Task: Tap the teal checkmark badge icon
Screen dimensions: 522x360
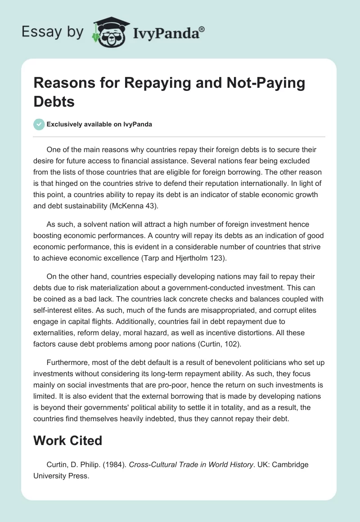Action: (39, 124)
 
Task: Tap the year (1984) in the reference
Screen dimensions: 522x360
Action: (116, 464)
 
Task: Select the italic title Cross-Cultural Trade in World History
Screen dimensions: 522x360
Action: (191, 464)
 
